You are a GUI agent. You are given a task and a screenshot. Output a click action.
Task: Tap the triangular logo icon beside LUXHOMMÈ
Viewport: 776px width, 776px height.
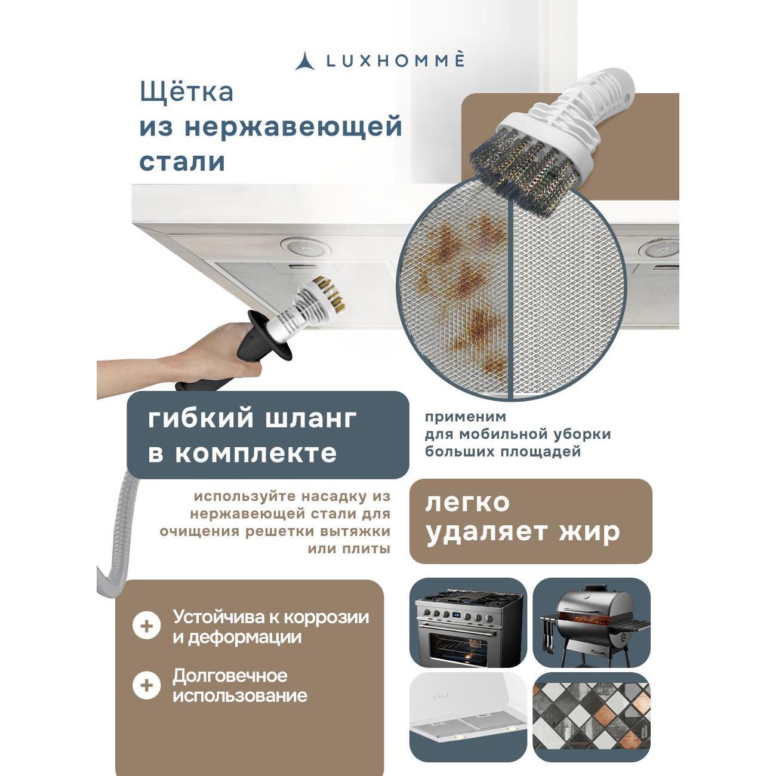click(x=305, y=61)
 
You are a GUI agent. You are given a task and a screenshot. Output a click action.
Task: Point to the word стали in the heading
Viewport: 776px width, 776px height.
click(x=182, y=162)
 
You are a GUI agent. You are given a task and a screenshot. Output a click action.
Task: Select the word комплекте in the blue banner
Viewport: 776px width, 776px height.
click(x=255, y=453)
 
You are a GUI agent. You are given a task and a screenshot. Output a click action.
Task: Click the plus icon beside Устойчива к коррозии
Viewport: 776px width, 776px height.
click(x=147, y=626)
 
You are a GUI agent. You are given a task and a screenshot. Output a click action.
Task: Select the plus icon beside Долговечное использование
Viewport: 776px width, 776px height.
click(x=147, y=685)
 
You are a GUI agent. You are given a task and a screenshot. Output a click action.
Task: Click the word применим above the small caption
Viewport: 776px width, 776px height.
click(x=466, y=417)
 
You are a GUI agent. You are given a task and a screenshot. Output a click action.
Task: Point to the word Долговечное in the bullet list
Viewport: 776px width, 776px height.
click(x=230, y=676)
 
